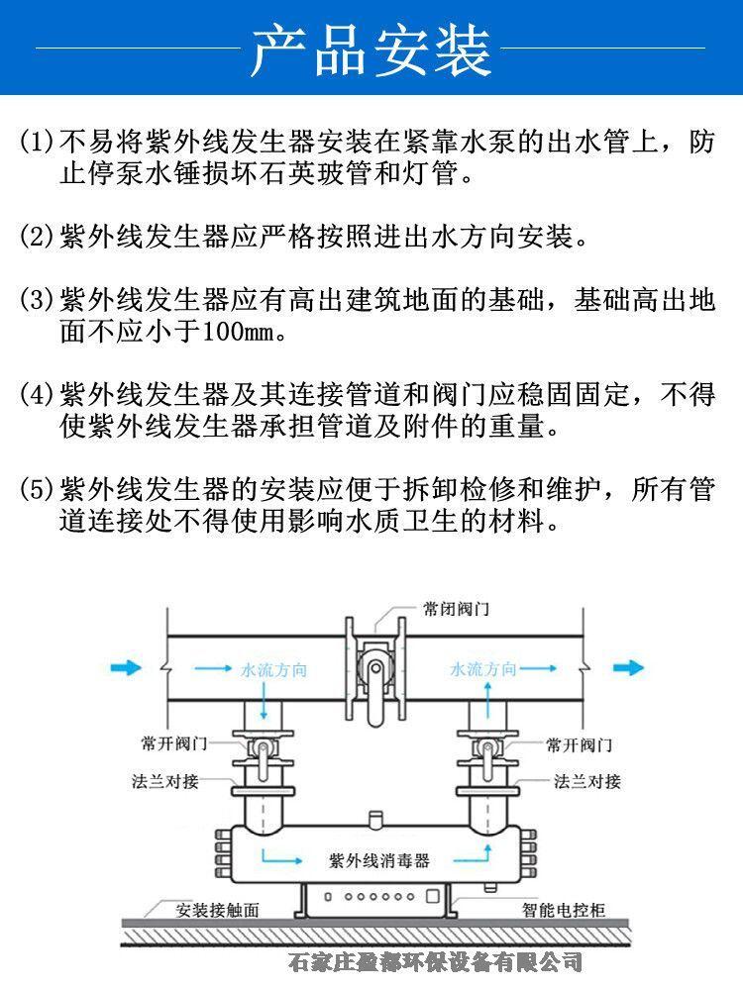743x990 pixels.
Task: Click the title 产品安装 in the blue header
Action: click(x=371, y=49)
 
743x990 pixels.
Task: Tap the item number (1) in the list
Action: click(x=39, y=141)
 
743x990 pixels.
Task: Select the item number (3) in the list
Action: click(x=39, y=300)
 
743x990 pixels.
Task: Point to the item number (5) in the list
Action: click(x=39, y=490)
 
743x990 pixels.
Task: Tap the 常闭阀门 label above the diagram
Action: click(x=456, y=608)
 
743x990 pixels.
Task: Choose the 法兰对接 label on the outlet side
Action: click(x=587, y=782)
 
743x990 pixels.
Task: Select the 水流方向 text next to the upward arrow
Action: click(x=483, y=669)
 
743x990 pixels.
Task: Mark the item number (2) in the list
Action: click(x=39, y=238)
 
